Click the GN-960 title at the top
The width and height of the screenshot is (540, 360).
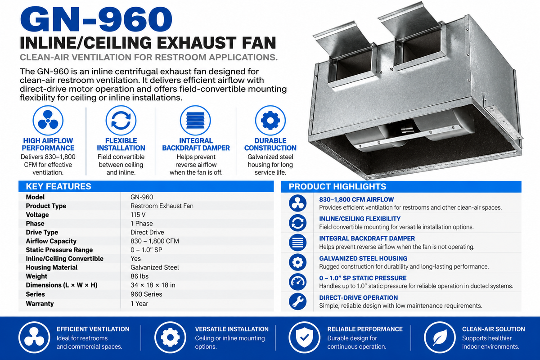pos(96,19)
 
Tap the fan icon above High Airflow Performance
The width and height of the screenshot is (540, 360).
pos(48,120)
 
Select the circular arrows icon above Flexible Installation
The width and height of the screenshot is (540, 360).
pos(121,120)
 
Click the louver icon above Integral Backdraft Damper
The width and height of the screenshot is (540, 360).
pos(195,120)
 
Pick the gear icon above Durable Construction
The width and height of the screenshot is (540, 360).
pos(270,120)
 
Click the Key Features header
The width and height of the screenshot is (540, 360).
pos(58,186)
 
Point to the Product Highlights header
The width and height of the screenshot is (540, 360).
pos(337,186)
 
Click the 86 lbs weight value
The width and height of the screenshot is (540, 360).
pos(139,276)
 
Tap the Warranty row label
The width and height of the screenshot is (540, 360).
pos(40,304)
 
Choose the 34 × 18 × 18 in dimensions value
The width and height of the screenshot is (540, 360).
pos(153,285)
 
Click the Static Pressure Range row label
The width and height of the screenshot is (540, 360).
pos(59,250)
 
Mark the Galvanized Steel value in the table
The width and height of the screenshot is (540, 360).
pos(154,267)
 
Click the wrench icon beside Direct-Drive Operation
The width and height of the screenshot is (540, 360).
pos(297,301)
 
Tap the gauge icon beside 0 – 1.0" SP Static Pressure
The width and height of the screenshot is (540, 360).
pos(297,282)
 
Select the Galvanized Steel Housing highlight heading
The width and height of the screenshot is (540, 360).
pos(363,258)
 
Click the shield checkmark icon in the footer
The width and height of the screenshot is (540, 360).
pos(304,337)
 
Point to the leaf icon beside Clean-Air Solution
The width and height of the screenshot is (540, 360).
pos(440,337)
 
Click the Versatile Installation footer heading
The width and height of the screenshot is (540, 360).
pos(232,329)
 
